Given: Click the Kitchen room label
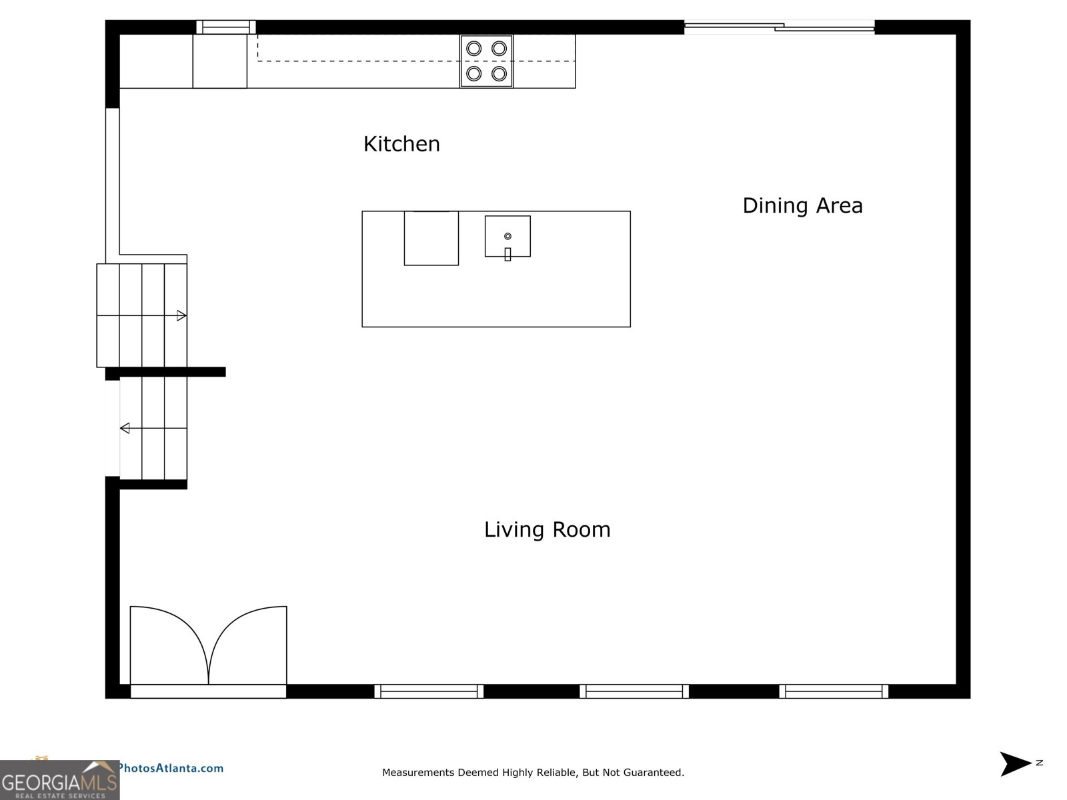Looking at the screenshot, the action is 401,144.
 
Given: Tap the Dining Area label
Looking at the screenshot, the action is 802,205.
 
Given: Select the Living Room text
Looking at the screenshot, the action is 547,529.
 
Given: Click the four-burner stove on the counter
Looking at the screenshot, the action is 486,61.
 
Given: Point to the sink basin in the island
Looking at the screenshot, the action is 507,236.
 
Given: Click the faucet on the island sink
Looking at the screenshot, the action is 507,254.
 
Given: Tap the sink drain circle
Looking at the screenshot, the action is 507,236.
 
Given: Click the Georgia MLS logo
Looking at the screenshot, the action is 59,780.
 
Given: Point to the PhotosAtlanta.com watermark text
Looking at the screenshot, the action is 171,769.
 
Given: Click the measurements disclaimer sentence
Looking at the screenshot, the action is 533,772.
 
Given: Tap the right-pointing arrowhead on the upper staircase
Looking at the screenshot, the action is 181,316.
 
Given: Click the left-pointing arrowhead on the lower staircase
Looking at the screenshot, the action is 125,429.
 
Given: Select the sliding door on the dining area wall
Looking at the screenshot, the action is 779,27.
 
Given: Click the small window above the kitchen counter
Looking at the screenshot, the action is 226,27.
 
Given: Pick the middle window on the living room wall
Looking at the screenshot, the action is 634,691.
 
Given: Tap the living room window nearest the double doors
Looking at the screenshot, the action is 429,691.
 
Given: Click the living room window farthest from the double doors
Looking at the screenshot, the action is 834,691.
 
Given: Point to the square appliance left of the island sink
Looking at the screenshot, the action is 431,238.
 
